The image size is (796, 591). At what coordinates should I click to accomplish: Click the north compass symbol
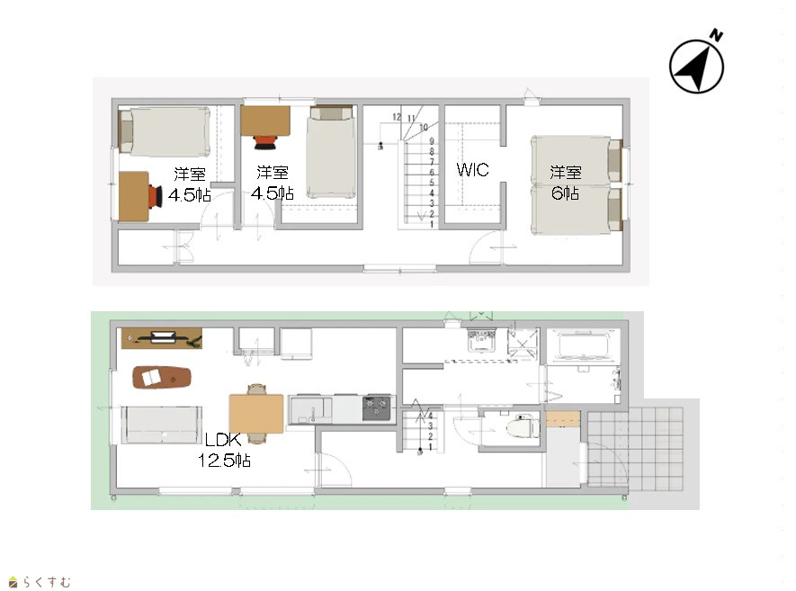point(696,64)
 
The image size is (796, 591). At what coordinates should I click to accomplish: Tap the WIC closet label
point(472,169)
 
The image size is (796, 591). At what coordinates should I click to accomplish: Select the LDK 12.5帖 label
point(224,450)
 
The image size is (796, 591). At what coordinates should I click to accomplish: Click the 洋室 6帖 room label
point(566,183)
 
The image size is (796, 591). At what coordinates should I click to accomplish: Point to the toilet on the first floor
point(523,426)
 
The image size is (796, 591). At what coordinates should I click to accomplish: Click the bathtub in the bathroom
point(583,345)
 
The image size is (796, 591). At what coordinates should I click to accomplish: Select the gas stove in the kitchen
point(376,408)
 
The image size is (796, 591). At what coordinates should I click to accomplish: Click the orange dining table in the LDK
point(255,414)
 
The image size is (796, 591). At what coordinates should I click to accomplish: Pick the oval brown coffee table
point(161,377)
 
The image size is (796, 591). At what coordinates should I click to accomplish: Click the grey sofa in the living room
point(161,425)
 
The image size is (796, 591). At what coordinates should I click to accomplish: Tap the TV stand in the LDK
point(161,338)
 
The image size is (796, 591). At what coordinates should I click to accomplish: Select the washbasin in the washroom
point(480,340)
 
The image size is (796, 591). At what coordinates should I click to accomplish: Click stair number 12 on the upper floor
point(397,117)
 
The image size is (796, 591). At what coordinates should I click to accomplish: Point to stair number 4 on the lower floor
point(431,416)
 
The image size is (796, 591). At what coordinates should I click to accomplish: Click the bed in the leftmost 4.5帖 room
point(165,131)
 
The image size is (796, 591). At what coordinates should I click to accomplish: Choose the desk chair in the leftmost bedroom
point(155,196)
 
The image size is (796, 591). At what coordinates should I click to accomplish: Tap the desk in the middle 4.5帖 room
point(265,121)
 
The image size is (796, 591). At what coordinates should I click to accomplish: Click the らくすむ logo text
point(47,582)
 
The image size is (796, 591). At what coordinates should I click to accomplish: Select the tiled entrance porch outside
point(635,447)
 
